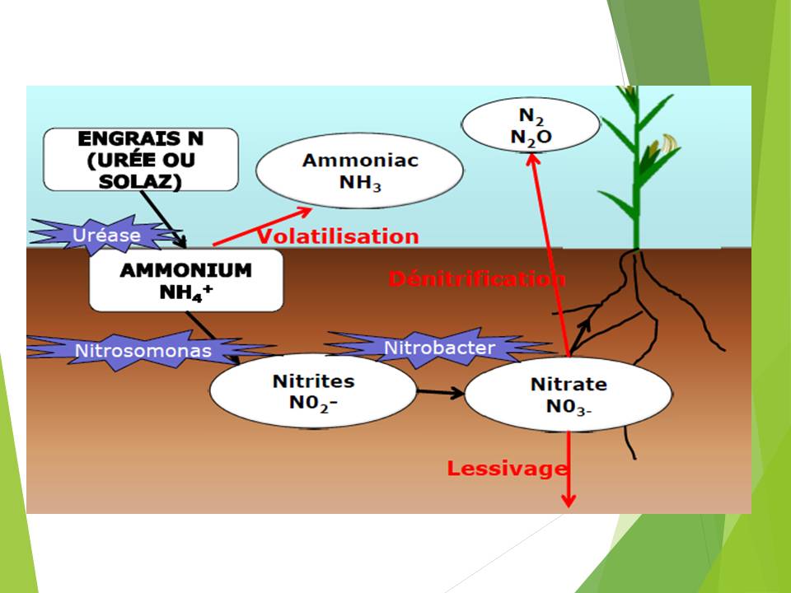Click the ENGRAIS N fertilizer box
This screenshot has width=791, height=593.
coord(141,159)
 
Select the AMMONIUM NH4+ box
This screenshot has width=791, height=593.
coord(186,280)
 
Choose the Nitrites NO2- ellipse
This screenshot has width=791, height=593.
coord(313,391)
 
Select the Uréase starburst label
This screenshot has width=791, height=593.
coord(106,235)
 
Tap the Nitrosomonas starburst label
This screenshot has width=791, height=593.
coord(143,350)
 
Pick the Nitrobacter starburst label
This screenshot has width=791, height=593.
coord(439,348)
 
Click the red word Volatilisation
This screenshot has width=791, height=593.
coord(338,237)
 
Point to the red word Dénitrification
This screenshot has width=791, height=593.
coord(476,278)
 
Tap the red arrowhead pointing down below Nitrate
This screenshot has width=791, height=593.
coord(569,500)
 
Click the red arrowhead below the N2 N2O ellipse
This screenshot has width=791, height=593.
coord(532,160)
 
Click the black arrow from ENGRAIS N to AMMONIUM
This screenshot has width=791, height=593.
coord(164,218)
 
